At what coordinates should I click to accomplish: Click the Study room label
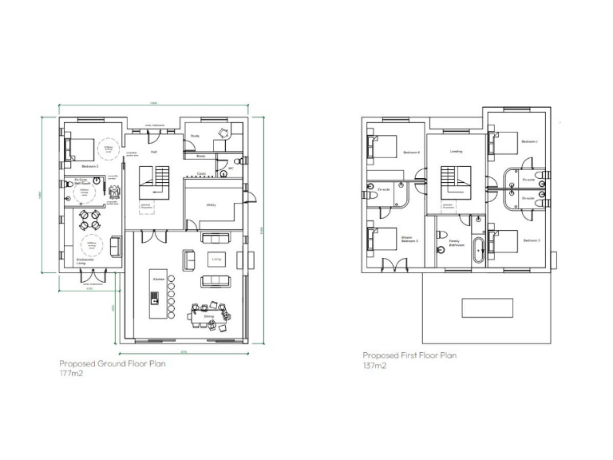(195, 136)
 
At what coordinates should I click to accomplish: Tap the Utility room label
(212, 204)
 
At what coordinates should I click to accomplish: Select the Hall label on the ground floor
(153, 150)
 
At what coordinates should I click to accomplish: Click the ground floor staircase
(156, 182)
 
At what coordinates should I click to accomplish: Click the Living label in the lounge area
(216, 259)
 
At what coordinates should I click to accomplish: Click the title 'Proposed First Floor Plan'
(409, 355)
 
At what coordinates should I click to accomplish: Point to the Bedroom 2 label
(532, 240)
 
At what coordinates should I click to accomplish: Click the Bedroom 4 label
(411, 152)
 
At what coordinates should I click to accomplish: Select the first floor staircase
(455, 181)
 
